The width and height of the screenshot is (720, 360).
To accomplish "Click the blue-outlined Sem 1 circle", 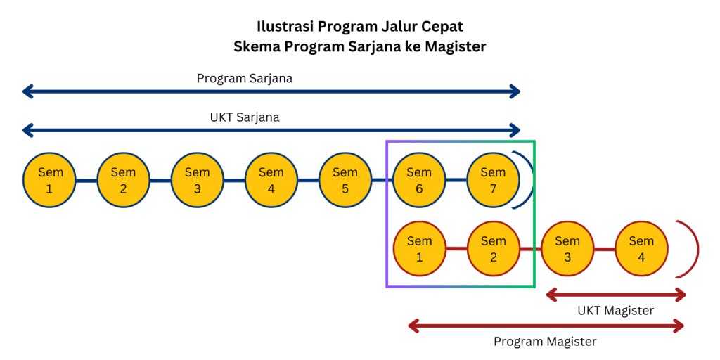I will [x=49, y=181].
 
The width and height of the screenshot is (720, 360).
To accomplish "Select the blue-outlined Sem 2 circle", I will [x=123, y=181].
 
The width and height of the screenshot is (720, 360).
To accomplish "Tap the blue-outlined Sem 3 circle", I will [x=197, y=181].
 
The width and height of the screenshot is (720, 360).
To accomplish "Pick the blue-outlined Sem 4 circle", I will [x=271, y=181].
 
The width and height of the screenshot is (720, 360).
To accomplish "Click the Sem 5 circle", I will [x=345, y=181].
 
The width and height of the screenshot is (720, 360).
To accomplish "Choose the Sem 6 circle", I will [x=419, y=181].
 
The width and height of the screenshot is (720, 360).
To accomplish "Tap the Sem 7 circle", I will [x=493, y=181].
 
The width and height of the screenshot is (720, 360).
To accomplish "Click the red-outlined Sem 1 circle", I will [x=419, y=249].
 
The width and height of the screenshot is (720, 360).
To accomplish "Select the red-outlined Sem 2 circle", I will [x=493, y=249].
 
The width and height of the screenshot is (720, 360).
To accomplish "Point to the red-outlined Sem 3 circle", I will [x=567, y=249].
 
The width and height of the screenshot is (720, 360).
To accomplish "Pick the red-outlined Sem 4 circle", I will [x=641, y=249].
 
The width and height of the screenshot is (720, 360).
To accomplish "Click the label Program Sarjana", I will [x=245, y=78].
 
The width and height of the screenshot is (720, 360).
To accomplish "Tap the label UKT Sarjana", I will [x=245, y=117].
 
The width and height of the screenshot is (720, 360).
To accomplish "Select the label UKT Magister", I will [x=616, y=310].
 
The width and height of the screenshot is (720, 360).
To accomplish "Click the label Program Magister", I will [x=545, y=342].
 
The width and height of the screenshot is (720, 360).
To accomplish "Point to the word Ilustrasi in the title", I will [x=284, y=27].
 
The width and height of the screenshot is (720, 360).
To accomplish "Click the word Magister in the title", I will [x=455, y=46].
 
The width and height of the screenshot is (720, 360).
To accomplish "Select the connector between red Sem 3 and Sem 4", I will [x=604, y=249].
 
